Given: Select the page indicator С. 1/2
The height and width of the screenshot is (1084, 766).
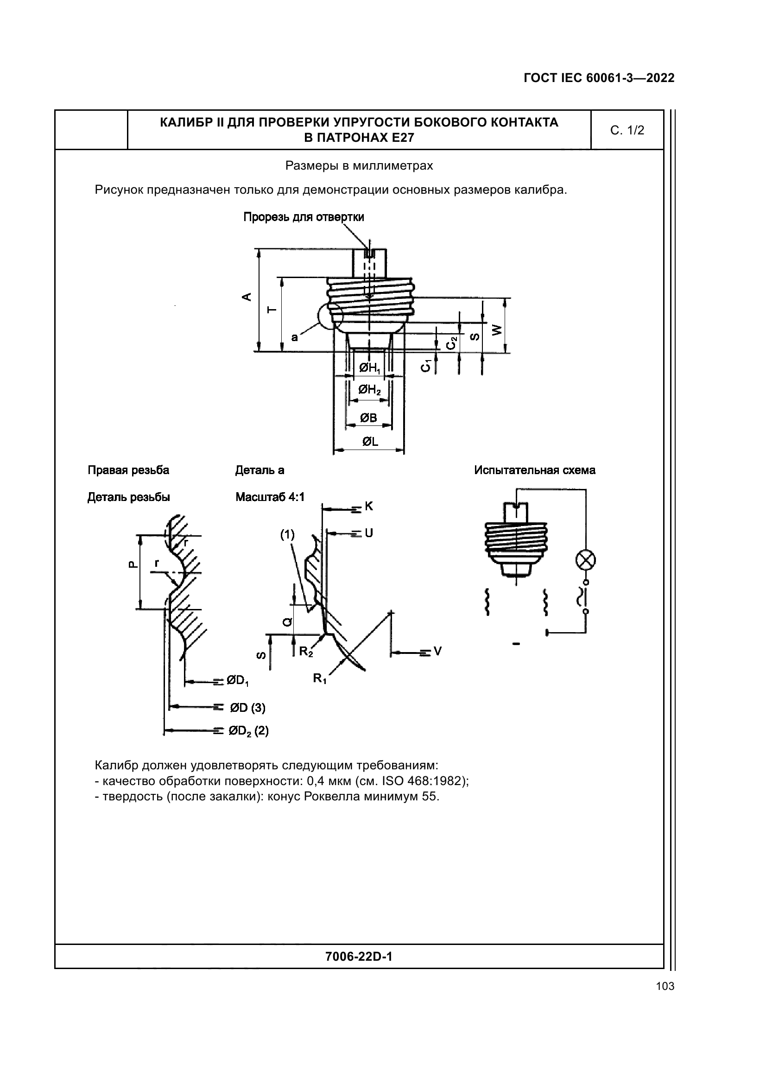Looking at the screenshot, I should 627,131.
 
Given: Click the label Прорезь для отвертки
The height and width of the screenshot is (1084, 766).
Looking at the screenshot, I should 304,217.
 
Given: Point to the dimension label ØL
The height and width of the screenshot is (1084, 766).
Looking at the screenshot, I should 370,442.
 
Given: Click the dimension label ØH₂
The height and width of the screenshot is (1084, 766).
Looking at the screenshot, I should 369,390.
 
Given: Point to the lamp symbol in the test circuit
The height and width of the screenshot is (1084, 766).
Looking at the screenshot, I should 585,561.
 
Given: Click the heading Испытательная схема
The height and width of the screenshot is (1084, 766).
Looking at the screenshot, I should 534,470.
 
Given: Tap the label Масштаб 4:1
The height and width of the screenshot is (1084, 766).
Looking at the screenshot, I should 270,497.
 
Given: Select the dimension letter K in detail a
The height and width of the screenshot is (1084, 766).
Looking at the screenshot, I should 368,507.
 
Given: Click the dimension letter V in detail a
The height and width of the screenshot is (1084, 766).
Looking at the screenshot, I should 437,652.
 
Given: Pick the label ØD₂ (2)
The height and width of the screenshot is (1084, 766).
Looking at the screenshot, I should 248,731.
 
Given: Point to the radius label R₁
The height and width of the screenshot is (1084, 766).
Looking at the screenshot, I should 320,679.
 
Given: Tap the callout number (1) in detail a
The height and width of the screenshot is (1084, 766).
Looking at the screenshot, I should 287,534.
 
